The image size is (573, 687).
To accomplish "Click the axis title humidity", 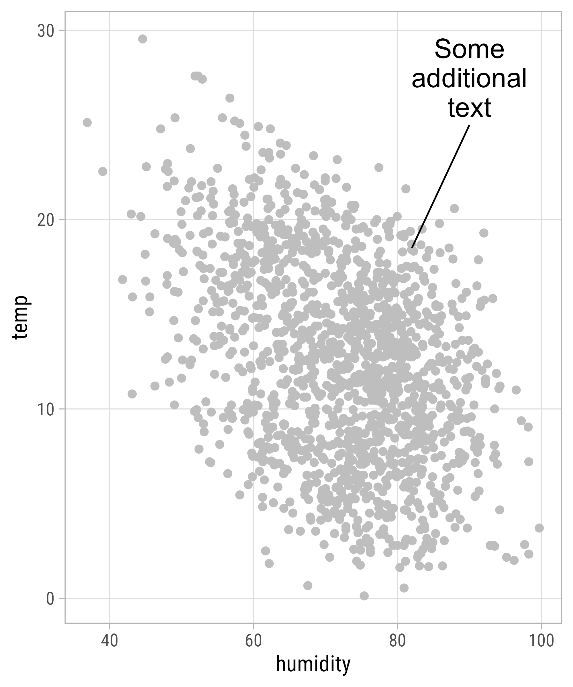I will coord(313,664).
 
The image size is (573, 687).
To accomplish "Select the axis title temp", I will coord(20,317).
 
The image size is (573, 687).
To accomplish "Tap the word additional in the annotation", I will coord(469,78).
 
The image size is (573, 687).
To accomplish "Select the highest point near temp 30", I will coord(142,39).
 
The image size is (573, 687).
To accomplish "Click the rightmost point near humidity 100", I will coord(539,528).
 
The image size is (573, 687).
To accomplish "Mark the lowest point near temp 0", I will coord(364,596).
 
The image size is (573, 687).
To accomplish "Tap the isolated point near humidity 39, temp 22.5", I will coord(103,171).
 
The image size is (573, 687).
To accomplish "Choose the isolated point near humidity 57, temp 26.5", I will coord(230,98).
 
